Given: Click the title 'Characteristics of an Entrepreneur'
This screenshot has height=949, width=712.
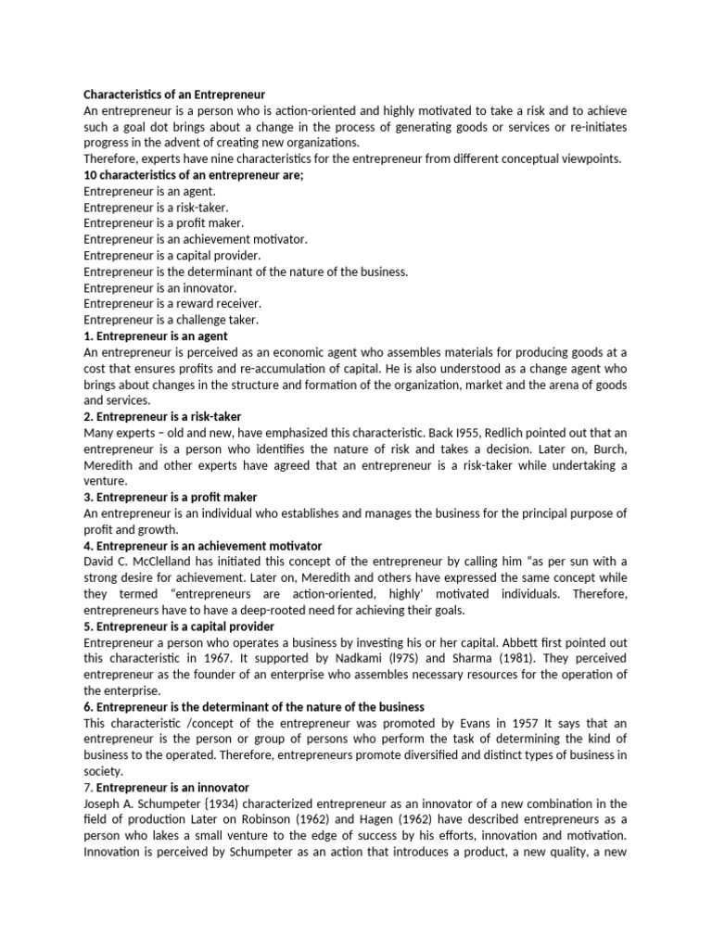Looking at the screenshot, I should (174, 95).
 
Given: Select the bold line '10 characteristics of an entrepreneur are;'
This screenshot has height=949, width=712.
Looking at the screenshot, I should (194, 176).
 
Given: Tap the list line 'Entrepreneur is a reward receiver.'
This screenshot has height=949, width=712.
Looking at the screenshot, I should (172, 304).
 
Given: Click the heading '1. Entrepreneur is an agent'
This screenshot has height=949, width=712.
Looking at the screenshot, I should (156, 335).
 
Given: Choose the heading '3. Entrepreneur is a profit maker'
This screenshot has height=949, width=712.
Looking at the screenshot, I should (171, 498).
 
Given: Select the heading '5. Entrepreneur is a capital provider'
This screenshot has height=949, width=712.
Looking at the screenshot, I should (180, 626).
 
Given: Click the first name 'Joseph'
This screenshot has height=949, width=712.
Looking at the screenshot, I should (103, 803).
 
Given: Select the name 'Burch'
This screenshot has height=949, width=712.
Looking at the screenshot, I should (604, 449).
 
